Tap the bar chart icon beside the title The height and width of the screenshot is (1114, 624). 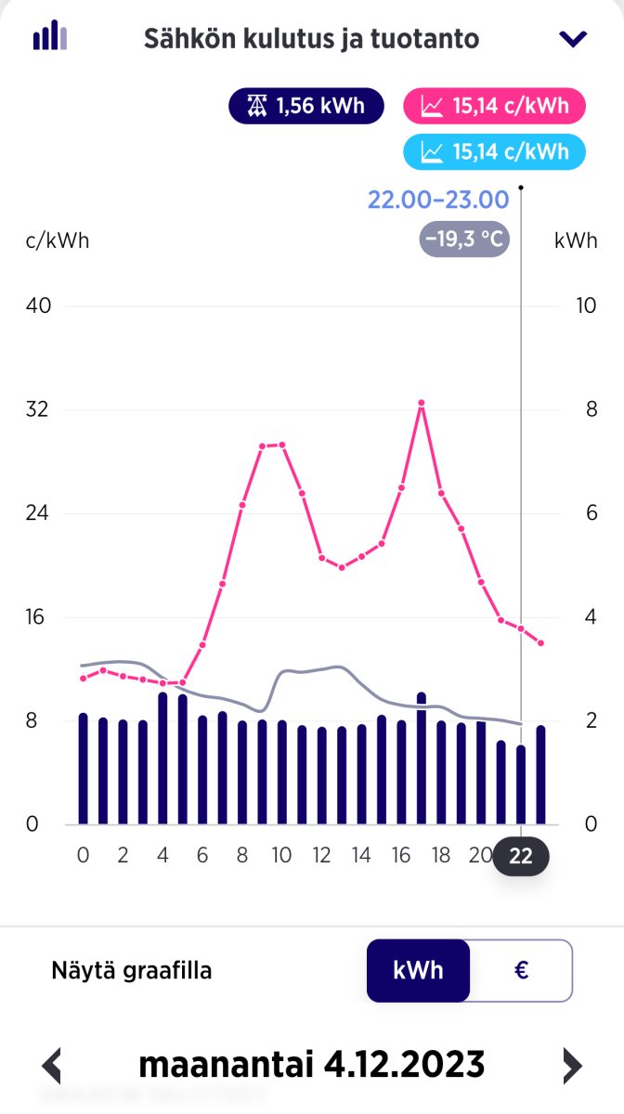(x=49, y=37)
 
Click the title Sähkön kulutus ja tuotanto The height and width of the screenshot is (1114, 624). (x=311, y=39)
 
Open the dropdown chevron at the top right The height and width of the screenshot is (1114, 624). (x=574, y=38)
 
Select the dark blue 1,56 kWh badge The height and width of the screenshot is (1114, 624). (x=306, y=106)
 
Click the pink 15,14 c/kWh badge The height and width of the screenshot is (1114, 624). (x=494, y=106)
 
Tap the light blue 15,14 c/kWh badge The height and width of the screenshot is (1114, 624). (x=494, y=151)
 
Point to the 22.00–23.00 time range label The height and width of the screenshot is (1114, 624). (x=438, y=200)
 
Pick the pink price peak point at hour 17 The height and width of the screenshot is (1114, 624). (x=421, y=403)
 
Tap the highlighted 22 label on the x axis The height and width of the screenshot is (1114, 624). (x=521, y=856)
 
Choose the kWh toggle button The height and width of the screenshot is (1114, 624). (x=418, y=971)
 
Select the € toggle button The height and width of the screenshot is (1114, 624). (x=521, y=971)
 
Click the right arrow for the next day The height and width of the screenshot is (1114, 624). (x=573, y=1065)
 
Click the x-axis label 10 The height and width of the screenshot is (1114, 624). (x=281, y=856)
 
